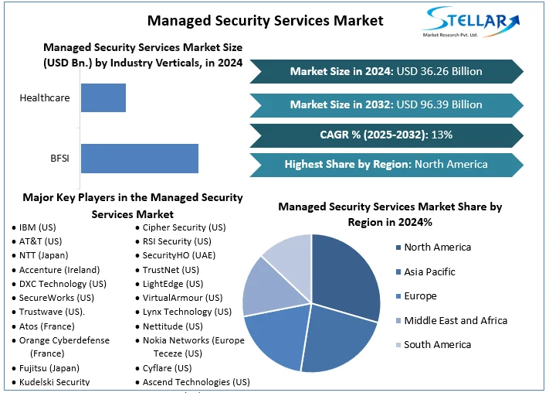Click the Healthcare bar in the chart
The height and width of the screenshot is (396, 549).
pos(103,97)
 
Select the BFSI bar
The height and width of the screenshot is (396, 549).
pos(139,158)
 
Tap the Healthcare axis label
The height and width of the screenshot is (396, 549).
pos(45,98)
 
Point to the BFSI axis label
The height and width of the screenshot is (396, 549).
pos(59,159)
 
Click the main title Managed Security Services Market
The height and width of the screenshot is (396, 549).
pos(266,20)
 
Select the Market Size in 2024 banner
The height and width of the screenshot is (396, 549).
pos(386,71)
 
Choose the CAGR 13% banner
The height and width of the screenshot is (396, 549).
pos(386,135)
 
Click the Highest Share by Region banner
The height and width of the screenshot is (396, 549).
pos(386,164)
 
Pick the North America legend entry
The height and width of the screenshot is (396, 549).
pos(437,247)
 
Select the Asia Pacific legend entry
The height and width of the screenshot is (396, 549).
pos(429,272)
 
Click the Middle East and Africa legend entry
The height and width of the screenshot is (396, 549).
pos(456,320)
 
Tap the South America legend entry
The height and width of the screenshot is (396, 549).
pos(438,345)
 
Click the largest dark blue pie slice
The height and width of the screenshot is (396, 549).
pos(347,275)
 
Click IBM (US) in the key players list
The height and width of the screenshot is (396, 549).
pos(38,228)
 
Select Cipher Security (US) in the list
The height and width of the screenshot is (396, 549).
pos(184,228)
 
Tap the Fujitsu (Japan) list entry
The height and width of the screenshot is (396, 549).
pos(49,368)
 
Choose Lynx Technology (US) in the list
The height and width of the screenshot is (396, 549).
pos(187,312)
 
